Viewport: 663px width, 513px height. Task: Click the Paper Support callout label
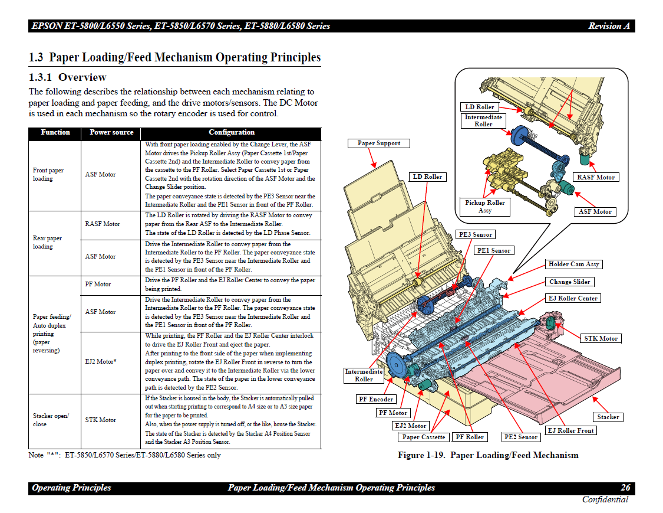click(x=379, y=143)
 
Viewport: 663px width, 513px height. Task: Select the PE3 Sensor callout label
click(x=475, y=234)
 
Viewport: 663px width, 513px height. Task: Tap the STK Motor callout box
click(x=601, y=338)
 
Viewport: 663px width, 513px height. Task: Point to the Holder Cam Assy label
click(x=573, y=264)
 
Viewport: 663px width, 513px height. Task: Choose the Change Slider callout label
click(x=569, y=282)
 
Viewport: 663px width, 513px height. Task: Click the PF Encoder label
click(x=377, y=399)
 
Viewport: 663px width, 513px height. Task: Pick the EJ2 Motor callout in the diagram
click(x=410, y=425)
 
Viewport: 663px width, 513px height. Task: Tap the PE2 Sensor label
click(x=521, y=437)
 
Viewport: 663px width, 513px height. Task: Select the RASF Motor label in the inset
click(x=596, y=177)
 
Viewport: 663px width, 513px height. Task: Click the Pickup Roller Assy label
click(x=485, y=206)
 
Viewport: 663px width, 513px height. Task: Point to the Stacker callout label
click(x=608, y=417)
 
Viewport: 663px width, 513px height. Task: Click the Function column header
click(x=55, y=133)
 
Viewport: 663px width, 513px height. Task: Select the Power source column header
click(x=111, y=133)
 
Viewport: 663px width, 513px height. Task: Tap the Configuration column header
click(x=232, y=133)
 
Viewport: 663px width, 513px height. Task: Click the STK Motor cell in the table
click(x=100, y=420)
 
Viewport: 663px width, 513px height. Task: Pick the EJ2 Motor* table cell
click(x=101, y=361)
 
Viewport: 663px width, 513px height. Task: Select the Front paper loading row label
click(x=48, y=174)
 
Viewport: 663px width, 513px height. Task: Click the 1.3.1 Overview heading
click(x=68, y=77)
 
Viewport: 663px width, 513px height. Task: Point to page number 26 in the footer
click(x=625, y=488)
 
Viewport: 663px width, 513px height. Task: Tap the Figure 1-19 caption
click(x=488, y=455)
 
